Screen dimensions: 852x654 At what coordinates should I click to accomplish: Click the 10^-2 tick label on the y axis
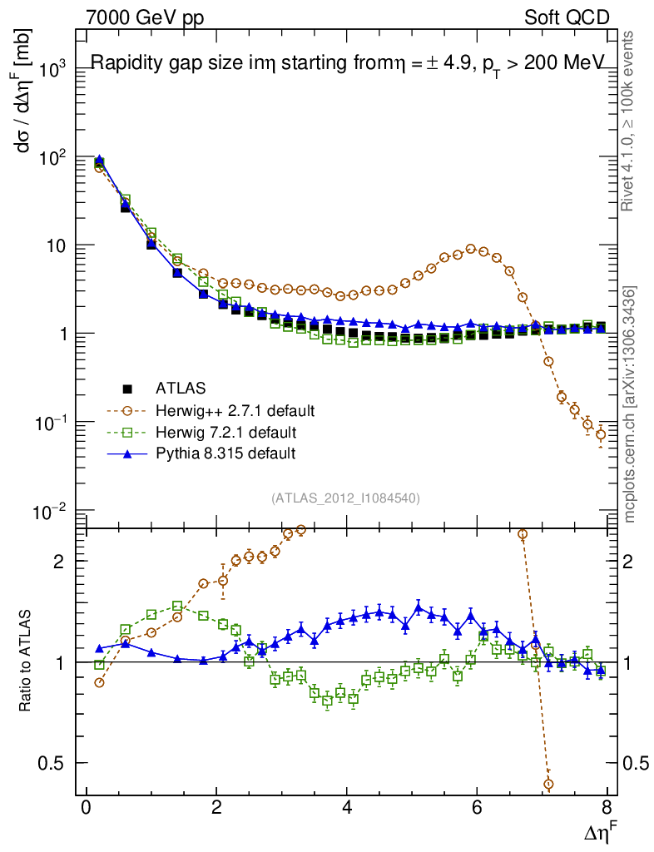(46, 511)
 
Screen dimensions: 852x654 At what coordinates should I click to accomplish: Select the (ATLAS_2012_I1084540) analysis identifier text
(345, 498)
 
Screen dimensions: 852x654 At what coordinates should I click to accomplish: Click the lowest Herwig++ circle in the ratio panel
(548, 784)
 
